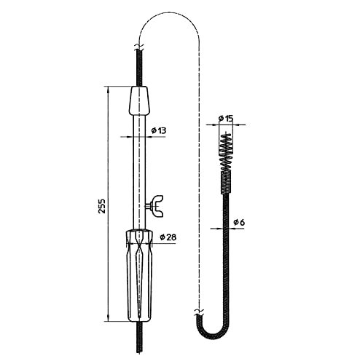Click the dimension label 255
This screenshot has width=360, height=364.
pos(102,206)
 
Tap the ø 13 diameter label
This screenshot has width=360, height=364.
pos(159,130)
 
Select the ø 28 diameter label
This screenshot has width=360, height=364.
pos(168,237)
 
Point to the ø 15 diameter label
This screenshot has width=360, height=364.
pos(226,119)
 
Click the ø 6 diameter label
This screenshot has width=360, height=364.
pos(239,222)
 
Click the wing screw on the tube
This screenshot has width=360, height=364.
pos(156,206)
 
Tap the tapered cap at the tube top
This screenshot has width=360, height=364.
pos(139,100)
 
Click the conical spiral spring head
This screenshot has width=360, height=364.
pos(226,151)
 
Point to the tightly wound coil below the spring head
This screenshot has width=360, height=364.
pos(226,182)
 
